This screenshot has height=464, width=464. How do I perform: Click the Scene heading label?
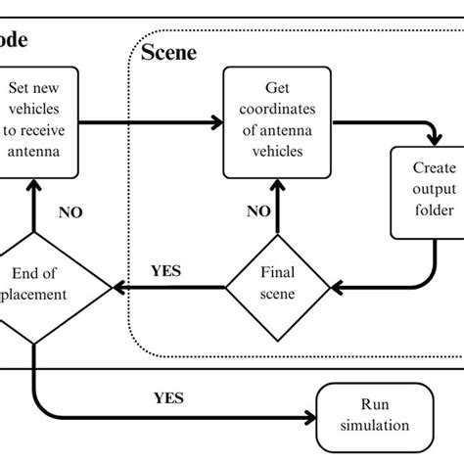tap(169, 51)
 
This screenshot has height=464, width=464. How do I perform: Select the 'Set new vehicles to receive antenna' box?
tap(35, 121)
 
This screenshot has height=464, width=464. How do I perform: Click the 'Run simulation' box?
tap(375, 415)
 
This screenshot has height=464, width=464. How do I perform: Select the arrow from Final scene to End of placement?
tap(166, 287)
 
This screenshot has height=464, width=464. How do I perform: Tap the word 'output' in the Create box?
tap(427, 192)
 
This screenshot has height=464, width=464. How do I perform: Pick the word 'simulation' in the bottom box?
tap(375, 425)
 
